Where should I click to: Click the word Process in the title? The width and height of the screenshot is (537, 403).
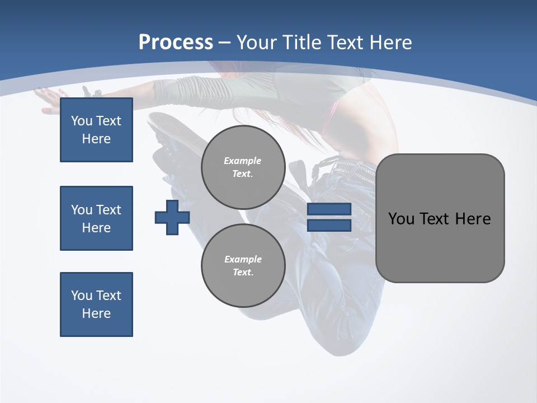click(176, 43)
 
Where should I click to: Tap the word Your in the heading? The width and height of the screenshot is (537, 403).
click(257, 43)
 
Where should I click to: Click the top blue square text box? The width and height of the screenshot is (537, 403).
click(96, 130)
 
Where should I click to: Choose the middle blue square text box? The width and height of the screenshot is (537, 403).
click(96, 218)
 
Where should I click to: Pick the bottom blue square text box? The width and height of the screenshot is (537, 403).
click(96, 304)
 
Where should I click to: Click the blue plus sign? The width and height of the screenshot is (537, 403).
click(172, 217)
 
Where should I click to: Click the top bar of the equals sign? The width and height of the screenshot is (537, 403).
click(329, 209)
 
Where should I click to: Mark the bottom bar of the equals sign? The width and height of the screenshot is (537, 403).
click(329, 226)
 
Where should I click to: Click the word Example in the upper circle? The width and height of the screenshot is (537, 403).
click(242, 161)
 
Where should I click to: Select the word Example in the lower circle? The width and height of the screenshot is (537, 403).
click(243, 259)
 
